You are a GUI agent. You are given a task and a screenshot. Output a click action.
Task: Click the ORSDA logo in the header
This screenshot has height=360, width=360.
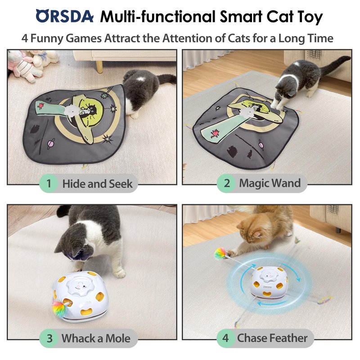point(64,16)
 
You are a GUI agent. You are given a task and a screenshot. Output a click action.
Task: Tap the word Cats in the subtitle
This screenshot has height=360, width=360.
point(239,38)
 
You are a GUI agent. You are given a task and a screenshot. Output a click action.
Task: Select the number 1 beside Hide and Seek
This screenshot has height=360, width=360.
point(49,184)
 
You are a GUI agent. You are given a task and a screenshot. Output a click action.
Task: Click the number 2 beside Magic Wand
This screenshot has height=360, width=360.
point(227,183)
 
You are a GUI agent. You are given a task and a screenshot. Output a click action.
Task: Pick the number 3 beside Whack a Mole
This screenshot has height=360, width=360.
point(49,338)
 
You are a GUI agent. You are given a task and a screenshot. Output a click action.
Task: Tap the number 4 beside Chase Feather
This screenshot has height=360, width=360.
point(226,338)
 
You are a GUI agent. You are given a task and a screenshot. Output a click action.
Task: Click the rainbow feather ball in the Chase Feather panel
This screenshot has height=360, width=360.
point(221,253)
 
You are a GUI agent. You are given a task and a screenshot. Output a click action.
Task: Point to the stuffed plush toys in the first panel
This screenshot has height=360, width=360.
point(32,64)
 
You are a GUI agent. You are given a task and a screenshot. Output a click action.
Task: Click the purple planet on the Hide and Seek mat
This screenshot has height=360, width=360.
point(51,144)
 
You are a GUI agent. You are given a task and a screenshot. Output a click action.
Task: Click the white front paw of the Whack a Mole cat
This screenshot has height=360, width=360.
point(119,273)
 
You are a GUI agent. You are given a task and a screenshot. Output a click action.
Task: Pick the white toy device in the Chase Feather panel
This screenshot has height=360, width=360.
point(268,283)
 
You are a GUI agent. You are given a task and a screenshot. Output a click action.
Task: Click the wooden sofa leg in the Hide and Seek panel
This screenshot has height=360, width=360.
point(99,67)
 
